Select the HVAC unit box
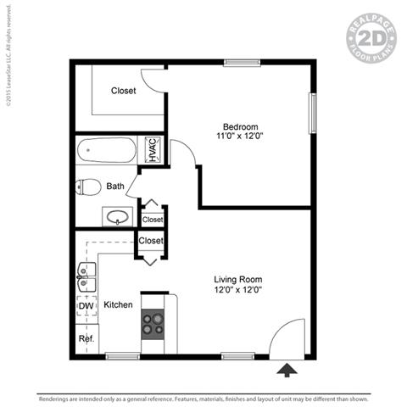tap(153, 150)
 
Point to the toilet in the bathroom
tap(88, 187)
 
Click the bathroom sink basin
tap(119, 216)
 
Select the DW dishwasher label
tap(86, 306)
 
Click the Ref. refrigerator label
tap(86, 339)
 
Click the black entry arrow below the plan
tap(287, 369)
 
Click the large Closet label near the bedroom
tap(123, 91)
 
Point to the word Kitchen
tap(118, 304)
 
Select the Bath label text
tap(115, 187)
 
